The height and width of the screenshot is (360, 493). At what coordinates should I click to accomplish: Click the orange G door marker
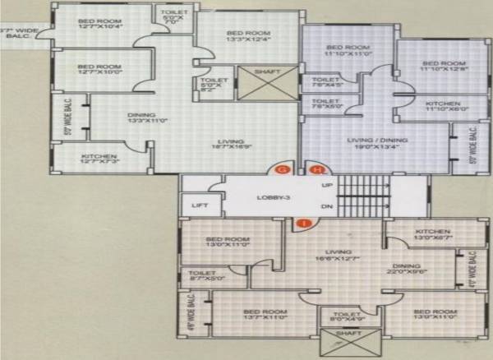283,168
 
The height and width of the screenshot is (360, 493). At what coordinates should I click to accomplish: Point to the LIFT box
197,205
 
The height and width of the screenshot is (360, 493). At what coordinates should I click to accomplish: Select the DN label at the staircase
327,207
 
